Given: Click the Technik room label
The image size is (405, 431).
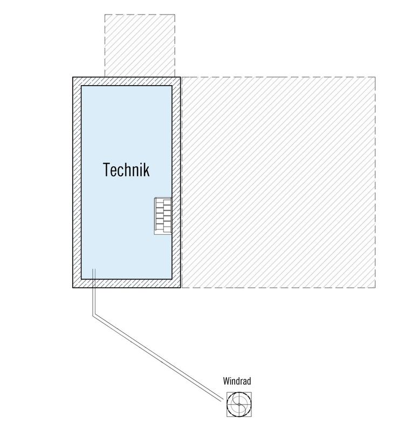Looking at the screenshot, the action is click(x=127, y=170).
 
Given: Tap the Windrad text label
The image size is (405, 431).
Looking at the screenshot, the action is click(x=237, y=381).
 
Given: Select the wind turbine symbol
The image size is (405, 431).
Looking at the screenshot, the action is click(x=239, y=405).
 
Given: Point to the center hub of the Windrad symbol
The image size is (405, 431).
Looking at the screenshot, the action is click(x=239, y=405).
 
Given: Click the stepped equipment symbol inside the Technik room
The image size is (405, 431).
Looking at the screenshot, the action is click(x=163, y=216).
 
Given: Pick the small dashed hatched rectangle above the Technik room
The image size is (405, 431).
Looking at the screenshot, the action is click(x=140, y=46).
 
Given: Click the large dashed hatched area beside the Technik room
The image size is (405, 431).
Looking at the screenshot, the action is click(x=278, y=182).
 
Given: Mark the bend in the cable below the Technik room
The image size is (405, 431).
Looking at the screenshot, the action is click(x=94, y=315).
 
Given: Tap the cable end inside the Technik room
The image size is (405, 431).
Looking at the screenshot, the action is click(x=94, y=269).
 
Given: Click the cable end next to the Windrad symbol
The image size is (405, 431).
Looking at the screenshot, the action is click(x=222, y=400).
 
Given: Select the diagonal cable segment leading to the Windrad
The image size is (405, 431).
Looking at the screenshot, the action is click(x=158, y=357).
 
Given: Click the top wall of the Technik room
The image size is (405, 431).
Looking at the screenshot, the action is click(x=127, y=81).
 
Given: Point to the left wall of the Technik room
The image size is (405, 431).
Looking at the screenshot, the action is click(x=77, y=182).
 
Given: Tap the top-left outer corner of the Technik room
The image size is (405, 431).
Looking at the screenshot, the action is click(x=73, y=77).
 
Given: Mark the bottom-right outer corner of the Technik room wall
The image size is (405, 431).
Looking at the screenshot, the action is click(x=181, y=288).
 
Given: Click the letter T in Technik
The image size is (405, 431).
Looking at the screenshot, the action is click(x=107, y=170).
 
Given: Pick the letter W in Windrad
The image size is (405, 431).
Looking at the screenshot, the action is click(x=226, y=381).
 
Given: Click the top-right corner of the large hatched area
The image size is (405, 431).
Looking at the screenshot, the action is click(x=375, y=77).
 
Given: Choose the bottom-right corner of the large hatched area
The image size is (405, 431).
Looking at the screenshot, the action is click(x=375, y=288).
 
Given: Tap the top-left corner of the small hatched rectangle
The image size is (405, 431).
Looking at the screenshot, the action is click(x=105, y=15).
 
